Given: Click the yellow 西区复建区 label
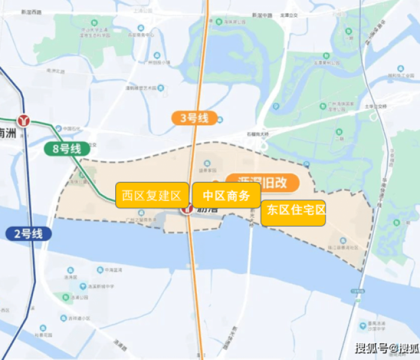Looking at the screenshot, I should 152,196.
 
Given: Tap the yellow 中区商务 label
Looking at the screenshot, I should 226,196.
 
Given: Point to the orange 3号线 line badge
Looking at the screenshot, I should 194,118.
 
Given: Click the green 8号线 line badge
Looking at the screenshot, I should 63,149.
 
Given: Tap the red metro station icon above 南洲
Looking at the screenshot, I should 25,121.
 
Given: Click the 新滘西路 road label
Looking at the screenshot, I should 31,12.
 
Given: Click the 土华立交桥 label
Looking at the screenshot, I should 377,107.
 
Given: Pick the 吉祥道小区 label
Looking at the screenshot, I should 79,319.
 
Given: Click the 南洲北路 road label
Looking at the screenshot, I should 55,71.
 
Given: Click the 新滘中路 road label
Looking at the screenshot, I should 262,14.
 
